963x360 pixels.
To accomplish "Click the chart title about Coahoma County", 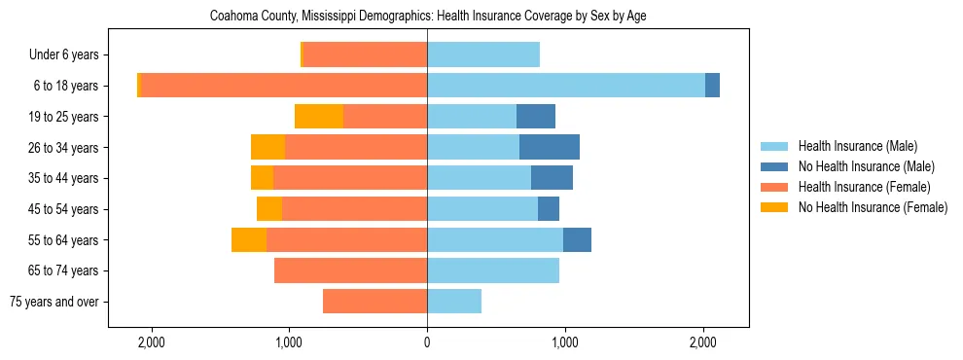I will point(428,17).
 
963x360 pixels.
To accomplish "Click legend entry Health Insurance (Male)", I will point(857,146).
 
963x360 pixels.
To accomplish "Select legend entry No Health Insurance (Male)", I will point(866,166).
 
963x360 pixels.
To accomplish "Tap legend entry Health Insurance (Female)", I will point(864,187).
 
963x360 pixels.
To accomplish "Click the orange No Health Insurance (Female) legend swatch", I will point(774,207).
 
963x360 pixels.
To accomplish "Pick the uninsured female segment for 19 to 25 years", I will point(319,117).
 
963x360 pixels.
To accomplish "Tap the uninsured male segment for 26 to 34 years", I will point(550,147).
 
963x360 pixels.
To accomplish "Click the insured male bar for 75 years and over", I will point(454,302).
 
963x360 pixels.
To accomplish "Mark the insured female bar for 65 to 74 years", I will point(350,270).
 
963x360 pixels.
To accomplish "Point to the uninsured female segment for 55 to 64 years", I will point(249,239).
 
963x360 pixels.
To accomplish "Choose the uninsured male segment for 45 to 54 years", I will point(549,209).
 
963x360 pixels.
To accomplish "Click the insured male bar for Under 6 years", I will point(483,55).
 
